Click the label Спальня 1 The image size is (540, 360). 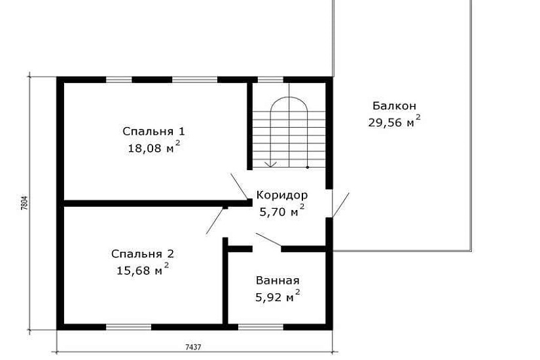click(x=154, y=132)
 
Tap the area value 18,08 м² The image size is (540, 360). click(x=154, y=147)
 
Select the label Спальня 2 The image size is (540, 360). click(x=143, y=254)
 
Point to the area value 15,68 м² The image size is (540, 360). click(x=143, y=270)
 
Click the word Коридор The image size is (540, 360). click(x=282, y=195)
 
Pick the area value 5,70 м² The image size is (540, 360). click(x=281, y=211)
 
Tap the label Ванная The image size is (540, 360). click(x=278, y=281)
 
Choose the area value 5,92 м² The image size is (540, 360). click(x=278, y=296)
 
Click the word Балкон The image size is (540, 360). click(x=394, y=106)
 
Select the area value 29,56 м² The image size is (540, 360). click(x=394, y=121)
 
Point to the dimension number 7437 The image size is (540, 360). click(x=193, y=347)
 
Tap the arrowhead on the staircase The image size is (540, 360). click(x=271, y=164)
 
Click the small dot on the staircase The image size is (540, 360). click(x=308, y=168)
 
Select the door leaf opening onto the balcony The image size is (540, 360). click(x=340, y=206)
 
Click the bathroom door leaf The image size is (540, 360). click(x=268, y=240)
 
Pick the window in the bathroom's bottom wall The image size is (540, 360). click(x=261, y=327)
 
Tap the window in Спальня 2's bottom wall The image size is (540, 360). click(x=128, y=327)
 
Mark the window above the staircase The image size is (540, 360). click(x=271, y=80)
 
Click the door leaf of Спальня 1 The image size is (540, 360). click(x=240, y=187)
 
